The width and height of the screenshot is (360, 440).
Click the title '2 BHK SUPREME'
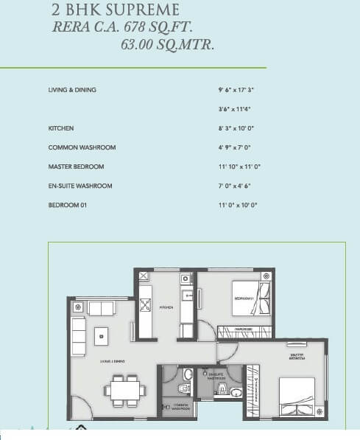tap(115, 10)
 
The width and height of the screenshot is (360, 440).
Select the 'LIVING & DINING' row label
tap(72, 90)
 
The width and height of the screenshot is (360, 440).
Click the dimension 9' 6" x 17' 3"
tap(236, 90)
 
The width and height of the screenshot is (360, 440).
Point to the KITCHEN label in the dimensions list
tap(60, 128)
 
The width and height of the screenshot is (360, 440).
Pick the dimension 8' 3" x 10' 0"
tap(236, 128)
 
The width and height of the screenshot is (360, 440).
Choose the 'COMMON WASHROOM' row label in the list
tap(82, 147)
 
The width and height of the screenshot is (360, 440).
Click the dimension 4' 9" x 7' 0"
tap(235, 147)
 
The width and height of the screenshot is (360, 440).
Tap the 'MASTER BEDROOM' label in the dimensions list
tap(77, 167)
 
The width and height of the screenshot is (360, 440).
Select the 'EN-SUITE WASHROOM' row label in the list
tap(80, 186)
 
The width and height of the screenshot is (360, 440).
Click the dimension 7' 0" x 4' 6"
tap(235, 186)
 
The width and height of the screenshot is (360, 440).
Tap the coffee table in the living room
tap(101, 336)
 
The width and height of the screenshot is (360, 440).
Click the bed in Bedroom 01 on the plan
tap(247, 293)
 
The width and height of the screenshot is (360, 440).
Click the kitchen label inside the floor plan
tap(167, 309)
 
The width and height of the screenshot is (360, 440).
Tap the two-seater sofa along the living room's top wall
tap(101, 308)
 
